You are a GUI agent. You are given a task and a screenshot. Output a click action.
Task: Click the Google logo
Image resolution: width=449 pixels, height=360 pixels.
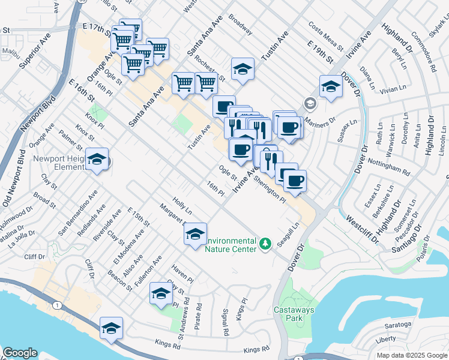click(20, 353)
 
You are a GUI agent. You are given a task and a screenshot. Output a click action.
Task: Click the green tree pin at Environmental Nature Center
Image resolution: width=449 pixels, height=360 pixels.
click(265, 243)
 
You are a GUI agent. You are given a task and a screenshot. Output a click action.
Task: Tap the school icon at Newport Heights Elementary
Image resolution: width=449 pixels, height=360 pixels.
click(97, 160)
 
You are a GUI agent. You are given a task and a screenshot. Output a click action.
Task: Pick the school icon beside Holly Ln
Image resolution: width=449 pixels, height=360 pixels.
click(195, 235)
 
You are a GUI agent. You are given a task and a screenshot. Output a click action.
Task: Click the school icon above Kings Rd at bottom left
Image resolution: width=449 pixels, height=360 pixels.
click(111, 329)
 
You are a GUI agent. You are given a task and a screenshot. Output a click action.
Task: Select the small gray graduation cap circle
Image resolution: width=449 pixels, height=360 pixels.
click(310, 103)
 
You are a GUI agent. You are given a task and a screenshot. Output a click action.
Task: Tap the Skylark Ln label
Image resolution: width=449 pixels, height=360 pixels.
click(436, 30)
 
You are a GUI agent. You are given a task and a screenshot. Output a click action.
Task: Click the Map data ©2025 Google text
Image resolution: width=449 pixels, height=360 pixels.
click(412, 355)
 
